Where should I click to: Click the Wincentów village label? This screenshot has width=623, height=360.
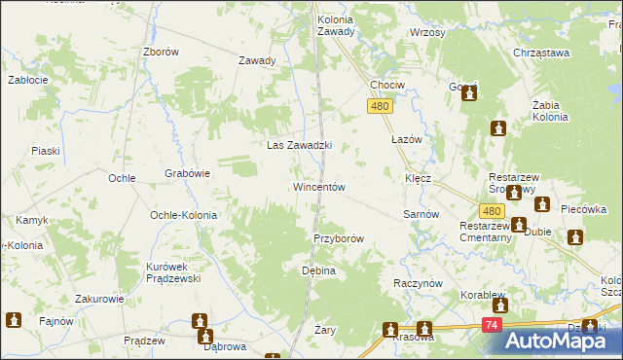point(319,187)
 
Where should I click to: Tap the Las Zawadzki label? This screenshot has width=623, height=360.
point(300,146)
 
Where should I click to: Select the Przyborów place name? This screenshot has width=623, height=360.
point(339,238)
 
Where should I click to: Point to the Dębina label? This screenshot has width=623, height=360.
point(318,270)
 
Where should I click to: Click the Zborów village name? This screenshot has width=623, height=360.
point(161,53)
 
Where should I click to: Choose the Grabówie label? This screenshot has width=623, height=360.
point(188,174)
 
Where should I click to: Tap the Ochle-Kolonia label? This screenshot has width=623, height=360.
point(181,215)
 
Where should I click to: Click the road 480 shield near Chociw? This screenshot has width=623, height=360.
point(380,107)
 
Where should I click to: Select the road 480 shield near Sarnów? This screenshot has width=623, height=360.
point(492,211)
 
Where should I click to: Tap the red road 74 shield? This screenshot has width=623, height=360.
point(494,326)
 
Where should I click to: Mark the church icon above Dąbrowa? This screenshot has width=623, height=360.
point(201,320)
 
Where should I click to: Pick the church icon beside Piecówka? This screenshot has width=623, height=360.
point(575,237)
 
